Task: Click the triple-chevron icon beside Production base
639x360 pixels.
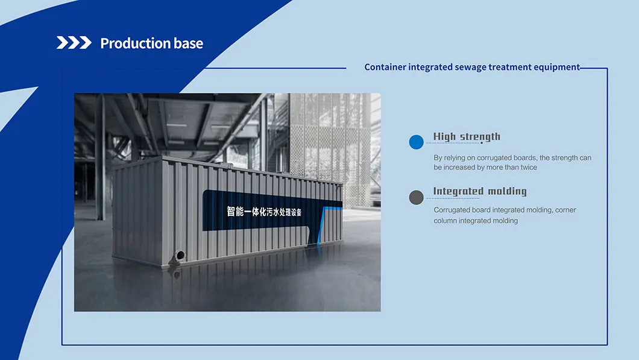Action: (x=74, y=42)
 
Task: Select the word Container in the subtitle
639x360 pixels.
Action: (x=385, y=67)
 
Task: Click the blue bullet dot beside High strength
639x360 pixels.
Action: (x=416, y=142)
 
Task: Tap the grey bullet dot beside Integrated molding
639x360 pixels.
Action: (x=416, y=197)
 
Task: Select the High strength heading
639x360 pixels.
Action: (x=467, y=136)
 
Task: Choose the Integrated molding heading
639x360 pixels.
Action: (x=480, y=191)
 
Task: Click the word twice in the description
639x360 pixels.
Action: (x=528, y=167)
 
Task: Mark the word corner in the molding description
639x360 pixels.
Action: (x=565, y=210)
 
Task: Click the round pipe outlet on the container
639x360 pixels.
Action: (x=180, y=256)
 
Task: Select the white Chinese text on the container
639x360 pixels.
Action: (x=264, y=211)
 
